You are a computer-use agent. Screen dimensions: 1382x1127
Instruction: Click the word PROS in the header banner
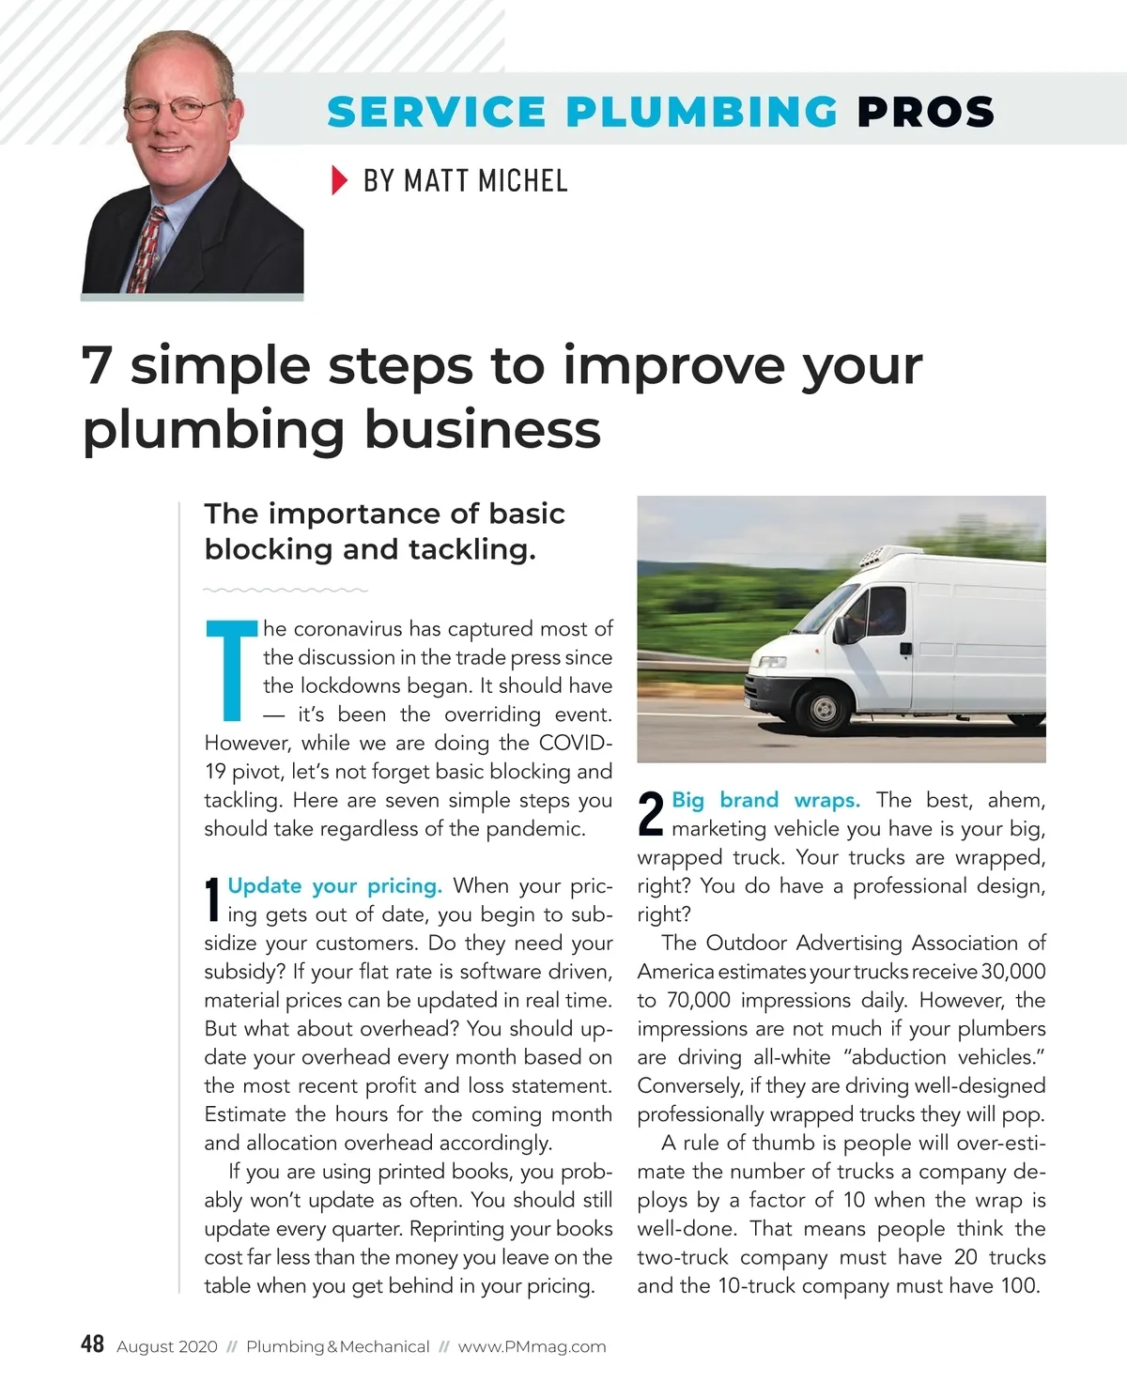[925, 113]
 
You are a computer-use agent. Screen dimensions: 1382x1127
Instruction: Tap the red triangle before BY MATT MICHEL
[339, 179]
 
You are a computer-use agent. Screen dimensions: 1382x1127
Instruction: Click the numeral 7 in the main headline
[97, 366]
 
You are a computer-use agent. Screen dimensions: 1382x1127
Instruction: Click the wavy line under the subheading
[286, 591]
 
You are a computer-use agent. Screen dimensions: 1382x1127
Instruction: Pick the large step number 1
[212, 899]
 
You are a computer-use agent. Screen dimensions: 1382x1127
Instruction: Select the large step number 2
[651, 814]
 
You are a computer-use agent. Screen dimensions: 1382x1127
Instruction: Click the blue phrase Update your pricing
[334, 886]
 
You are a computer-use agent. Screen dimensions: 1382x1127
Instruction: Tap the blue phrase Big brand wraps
[765, 800]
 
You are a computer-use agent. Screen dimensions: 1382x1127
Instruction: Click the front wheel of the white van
[824, 709]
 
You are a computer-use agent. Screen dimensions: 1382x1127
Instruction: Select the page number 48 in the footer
[92, 1344]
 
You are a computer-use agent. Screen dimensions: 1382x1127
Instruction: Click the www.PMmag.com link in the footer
[532, 1346]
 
